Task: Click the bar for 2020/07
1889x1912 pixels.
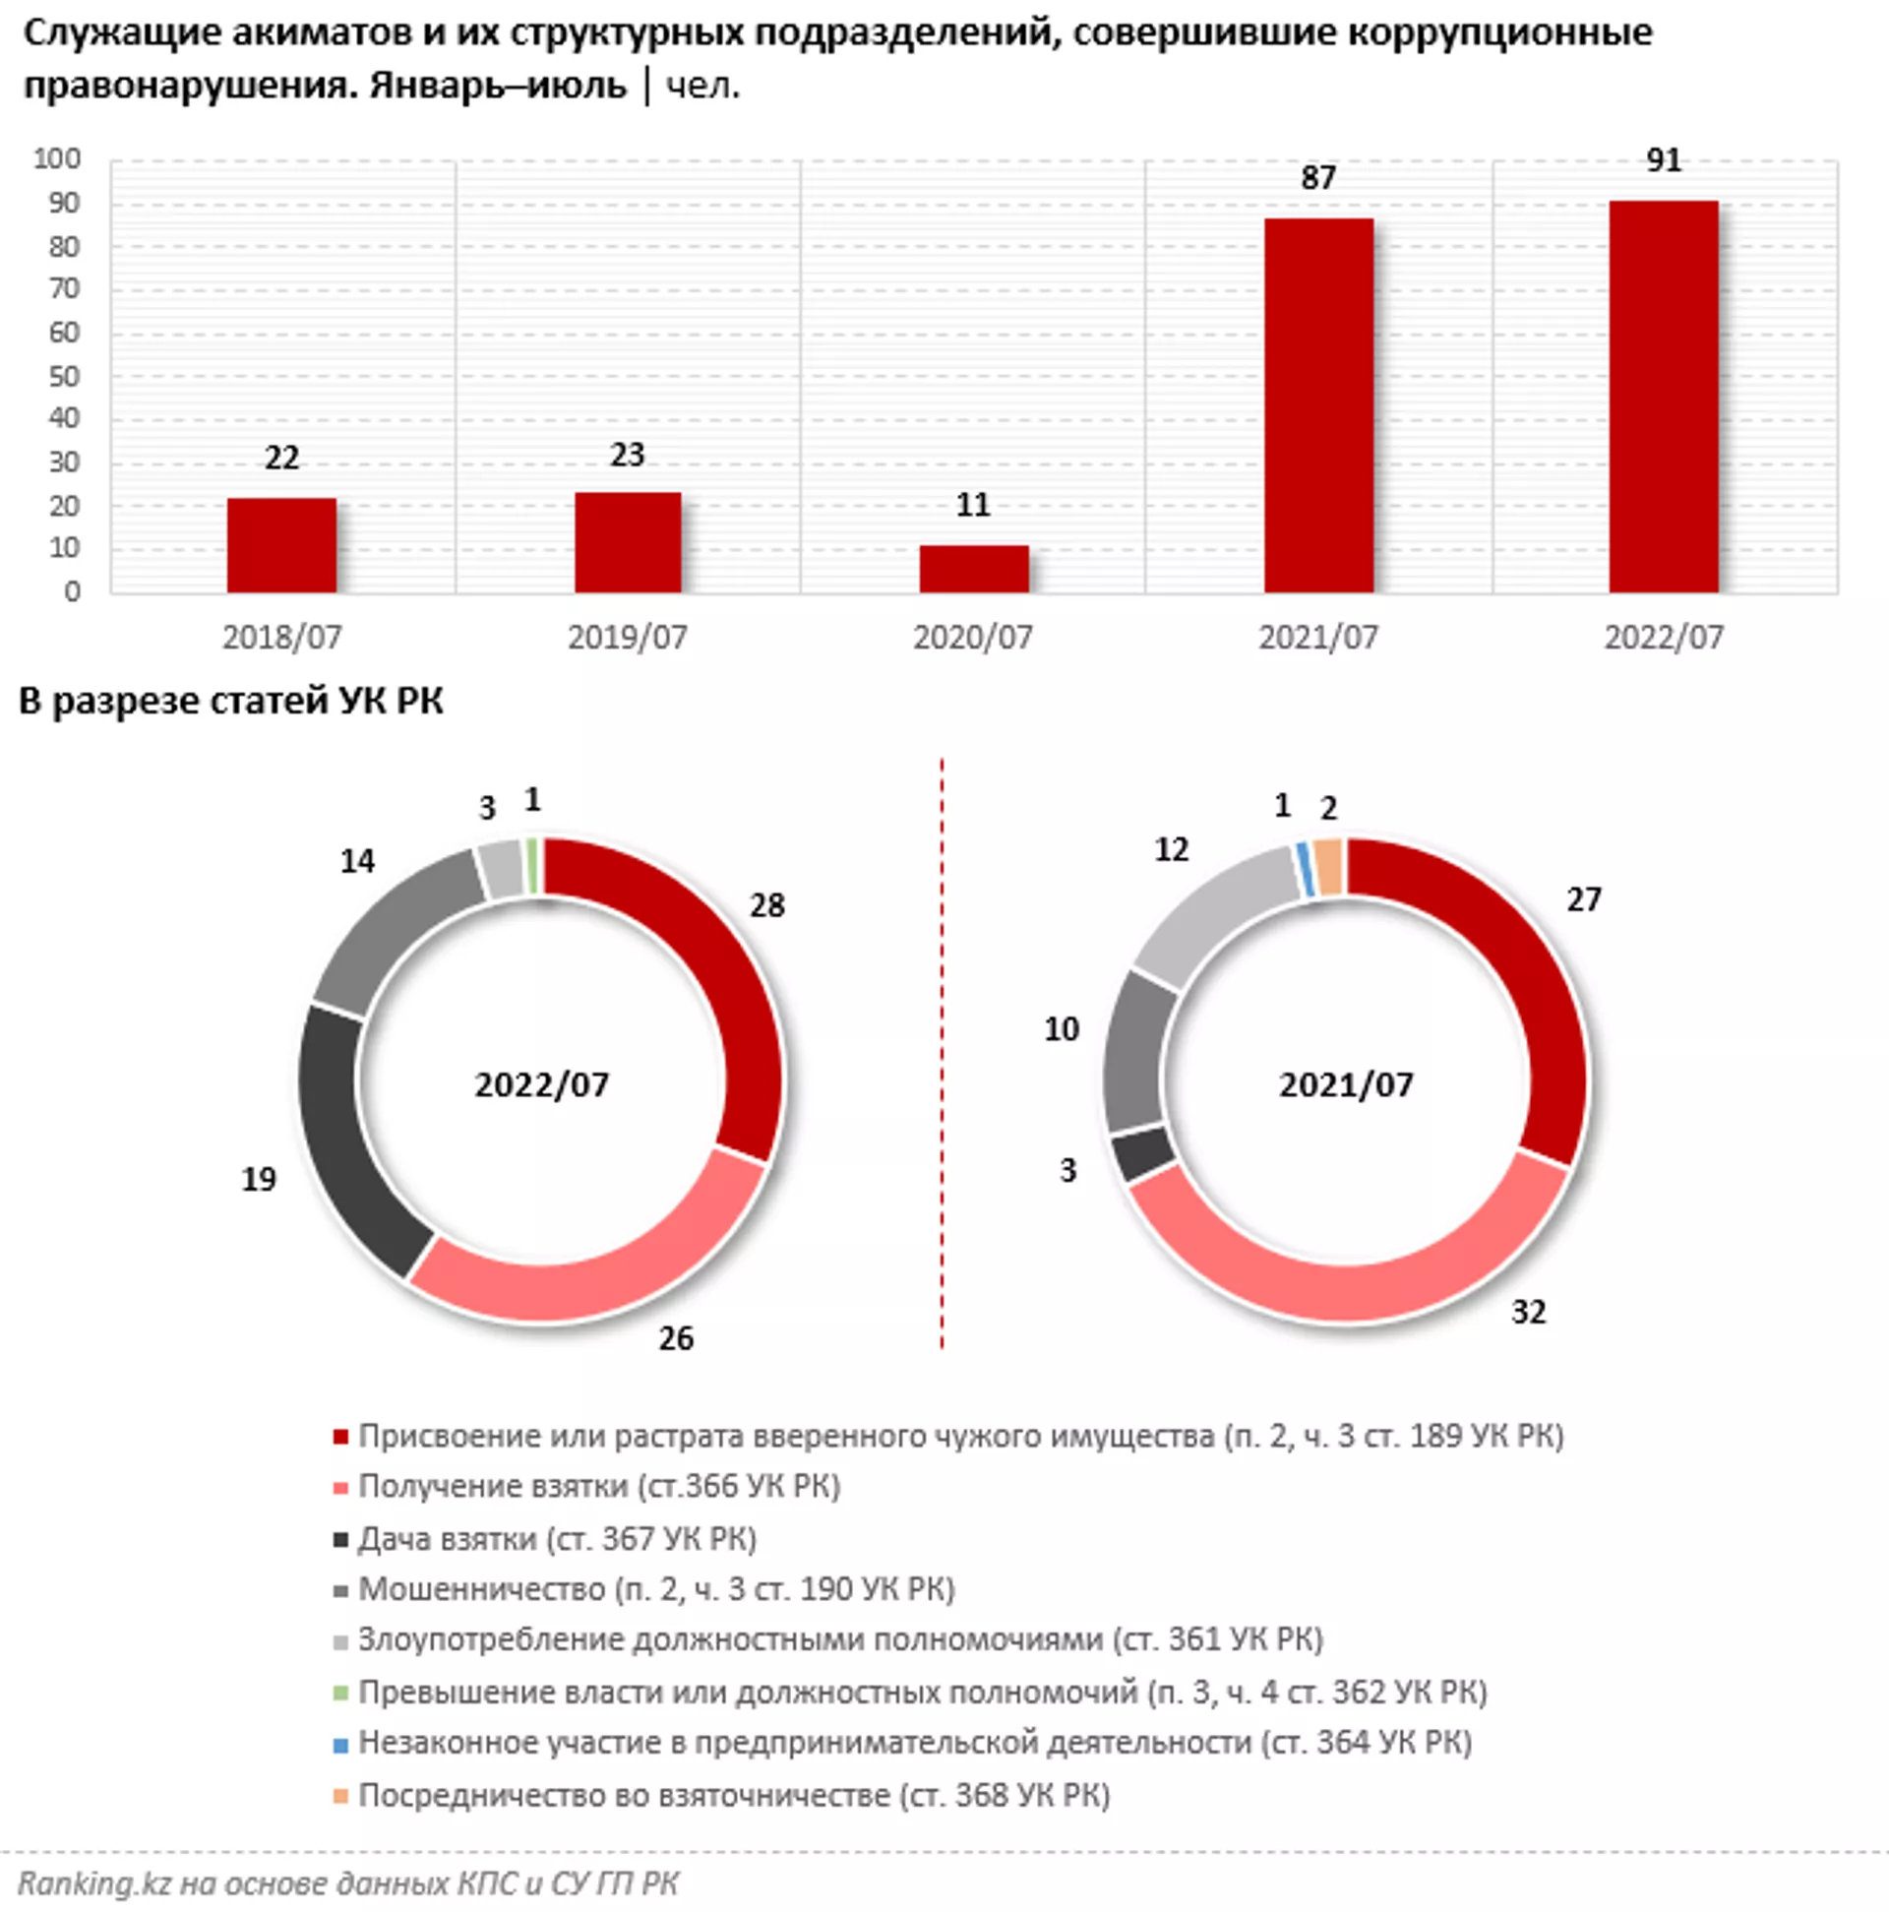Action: click(x=974, y=569)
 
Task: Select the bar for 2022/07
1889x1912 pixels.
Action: click(x=1664, y=396)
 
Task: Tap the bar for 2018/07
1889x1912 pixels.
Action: click(x=282, y=545)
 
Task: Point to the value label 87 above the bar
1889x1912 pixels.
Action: click(x=1318, y=178)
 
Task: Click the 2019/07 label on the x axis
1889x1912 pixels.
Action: click(x=628, y=638)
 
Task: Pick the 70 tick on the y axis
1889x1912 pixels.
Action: click(x=64, y=289)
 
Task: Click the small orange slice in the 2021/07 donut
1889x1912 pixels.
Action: click(x=1329, y=867)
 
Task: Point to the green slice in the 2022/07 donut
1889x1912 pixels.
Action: click(x=532, y=867)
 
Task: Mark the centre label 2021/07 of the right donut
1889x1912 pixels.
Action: click(x=1346, y=1084)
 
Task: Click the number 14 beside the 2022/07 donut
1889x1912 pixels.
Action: click(x=357, y=861)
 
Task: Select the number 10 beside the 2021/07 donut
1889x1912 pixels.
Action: click(x=1062, y=1029)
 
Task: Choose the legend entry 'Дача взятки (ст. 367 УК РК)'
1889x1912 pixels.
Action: click(x=557, y=1539)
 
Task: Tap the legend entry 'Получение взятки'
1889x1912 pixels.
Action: click(x=598, y=1487)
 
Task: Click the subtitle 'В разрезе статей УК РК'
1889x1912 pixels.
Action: click(x=230, y=701)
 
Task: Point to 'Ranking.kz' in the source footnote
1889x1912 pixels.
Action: click(x=95, y=1883)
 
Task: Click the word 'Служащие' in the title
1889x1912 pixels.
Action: click(x=121, y=32)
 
